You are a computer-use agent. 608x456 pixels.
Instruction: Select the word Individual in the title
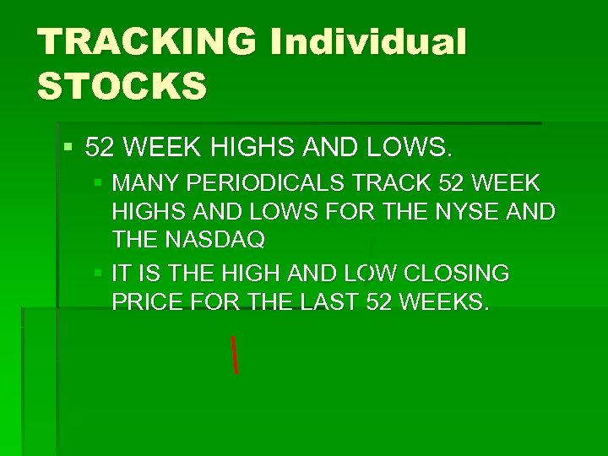(x=368, y=42)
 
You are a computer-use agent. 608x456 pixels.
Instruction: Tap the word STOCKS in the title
(x=122, y=85)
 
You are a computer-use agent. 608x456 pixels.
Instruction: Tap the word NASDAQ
(x=211, y=240)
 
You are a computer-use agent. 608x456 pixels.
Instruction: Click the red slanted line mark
(x=233, y=354)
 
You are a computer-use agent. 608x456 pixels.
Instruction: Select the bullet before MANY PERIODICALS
(x=99, y=182)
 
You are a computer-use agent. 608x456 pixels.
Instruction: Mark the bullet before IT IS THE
(x=99, y=274)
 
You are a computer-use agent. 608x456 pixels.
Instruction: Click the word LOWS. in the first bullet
(x=409, y=149)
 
